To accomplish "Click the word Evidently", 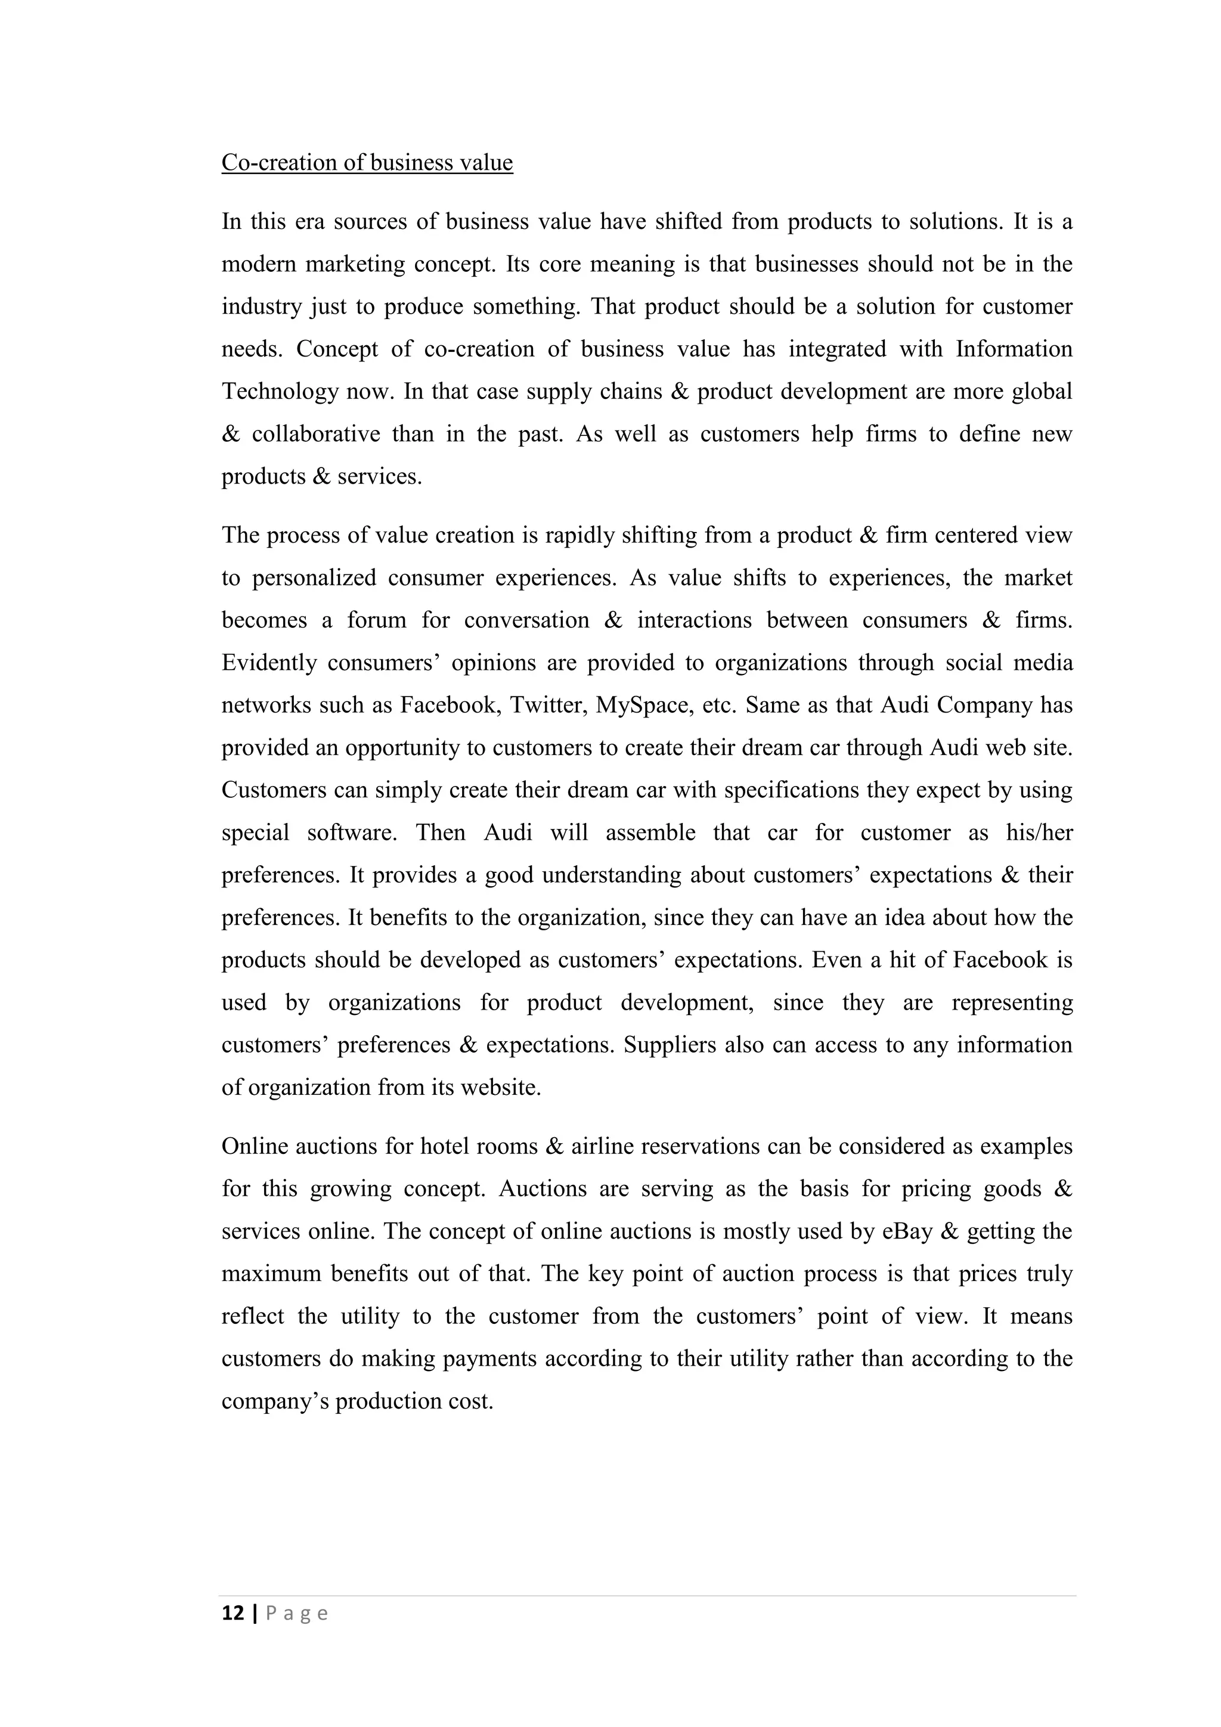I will point(268,663).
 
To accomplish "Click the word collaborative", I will point(316,434).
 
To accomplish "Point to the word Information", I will point(1014,349).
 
